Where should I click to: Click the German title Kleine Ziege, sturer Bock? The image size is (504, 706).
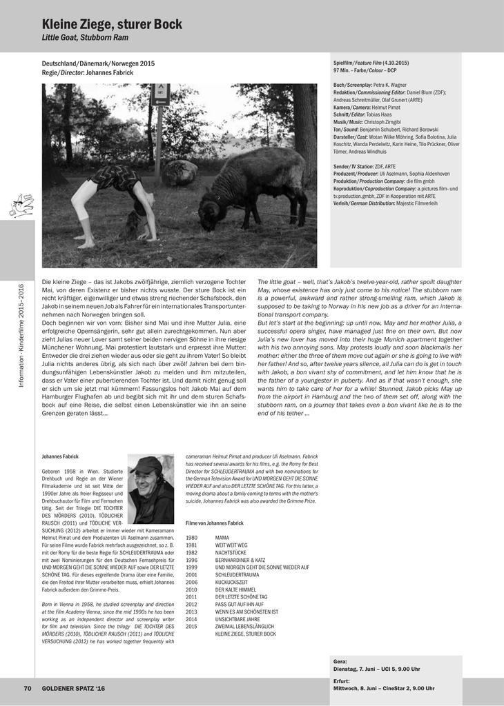pos(112,24)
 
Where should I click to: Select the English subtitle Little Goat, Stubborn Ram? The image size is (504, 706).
pos(85,38)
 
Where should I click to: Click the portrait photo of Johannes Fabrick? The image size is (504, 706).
pos(151,490)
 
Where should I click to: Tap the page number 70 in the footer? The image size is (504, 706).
pos(28,688)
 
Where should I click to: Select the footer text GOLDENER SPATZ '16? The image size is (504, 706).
pos(74,688)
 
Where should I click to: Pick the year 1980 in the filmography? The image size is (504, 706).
pos(192,537)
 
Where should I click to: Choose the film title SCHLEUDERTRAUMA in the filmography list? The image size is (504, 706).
pos(237,574)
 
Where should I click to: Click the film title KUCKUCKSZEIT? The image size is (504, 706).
pos(232,582)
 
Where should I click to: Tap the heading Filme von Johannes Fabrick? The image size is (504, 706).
pos(215,523)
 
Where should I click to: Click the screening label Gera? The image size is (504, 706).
pos(340,661)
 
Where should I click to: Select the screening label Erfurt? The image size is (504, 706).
pos(342,680)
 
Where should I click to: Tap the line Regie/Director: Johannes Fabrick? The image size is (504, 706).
pos(88,72)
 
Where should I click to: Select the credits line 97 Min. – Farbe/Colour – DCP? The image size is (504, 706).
pos(365,70)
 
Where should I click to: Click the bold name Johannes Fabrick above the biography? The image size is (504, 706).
pos(60,456)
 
